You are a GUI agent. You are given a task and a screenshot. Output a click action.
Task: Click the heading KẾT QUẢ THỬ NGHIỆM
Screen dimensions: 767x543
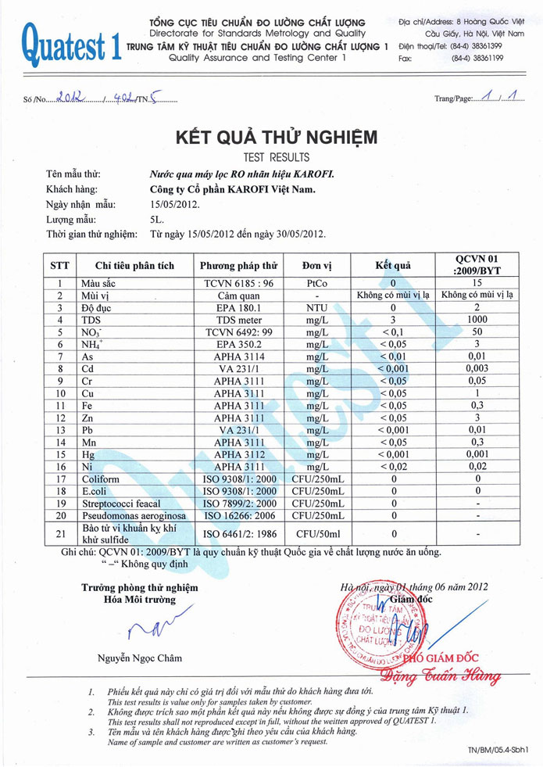(277, 138)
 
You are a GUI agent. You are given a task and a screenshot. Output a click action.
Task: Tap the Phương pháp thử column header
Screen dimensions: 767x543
(238, 266)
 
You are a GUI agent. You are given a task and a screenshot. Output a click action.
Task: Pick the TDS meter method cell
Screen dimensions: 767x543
(238, 320)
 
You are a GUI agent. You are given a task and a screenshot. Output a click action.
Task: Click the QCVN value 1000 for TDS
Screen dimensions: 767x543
(476, 320)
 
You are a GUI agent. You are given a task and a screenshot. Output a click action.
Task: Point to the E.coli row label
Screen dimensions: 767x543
(96, 491)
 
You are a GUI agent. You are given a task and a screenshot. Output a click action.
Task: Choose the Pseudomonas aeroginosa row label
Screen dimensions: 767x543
(126, 516)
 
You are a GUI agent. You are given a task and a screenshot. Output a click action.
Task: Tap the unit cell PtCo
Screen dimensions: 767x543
(316, 283)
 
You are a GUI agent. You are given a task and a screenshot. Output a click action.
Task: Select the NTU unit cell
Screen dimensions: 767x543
(316, 307)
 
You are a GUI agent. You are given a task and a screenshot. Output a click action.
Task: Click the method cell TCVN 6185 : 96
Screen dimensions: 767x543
(238, 283)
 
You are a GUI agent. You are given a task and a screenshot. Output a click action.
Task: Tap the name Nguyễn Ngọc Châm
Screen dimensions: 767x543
(140, 658)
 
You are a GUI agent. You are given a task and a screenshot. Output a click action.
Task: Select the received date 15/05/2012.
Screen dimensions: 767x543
(174, 205)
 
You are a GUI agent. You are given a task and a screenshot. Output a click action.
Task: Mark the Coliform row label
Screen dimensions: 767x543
(100, 479)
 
